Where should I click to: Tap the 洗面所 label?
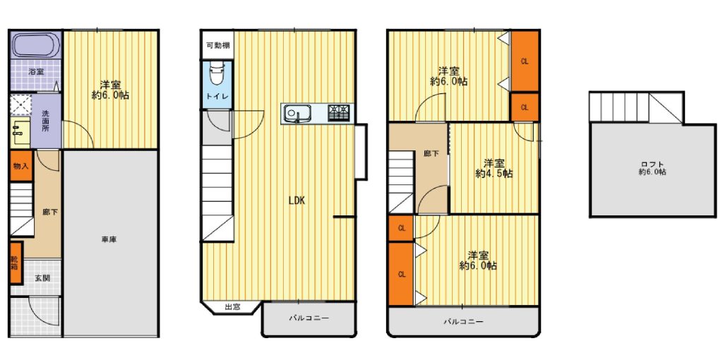tap(46, 120)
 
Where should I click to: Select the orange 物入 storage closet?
tap(20, 165)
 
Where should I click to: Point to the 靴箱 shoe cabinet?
tap(16, 263)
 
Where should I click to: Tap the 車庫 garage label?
tap(109, 240)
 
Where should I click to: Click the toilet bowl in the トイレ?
tap(216, 74)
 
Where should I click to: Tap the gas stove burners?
tap(338, 112)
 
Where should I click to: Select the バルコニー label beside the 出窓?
tap(309, 318)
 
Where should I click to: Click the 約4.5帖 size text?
tap(494, 174)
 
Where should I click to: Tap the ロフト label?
tap(652, 164)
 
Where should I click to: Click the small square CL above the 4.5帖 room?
tap(525, 107)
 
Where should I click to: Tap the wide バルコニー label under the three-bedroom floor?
tap(463, 322)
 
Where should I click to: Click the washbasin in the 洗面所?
tap(20, 132)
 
